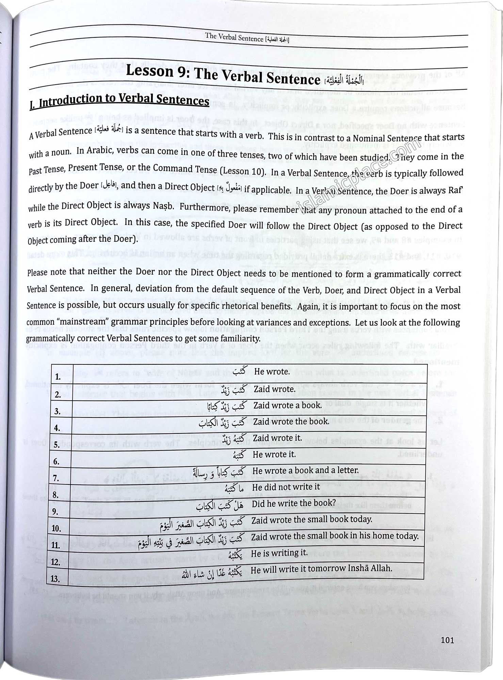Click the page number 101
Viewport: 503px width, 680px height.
click(x=447, y=640)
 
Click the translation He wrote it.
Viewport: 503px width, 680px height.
click(x=274, y=454)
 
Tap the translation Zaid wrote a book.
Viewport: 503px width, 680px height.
click(x=287, y=405)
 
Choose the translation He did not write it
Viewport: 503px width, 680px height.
click(x=286, y=487)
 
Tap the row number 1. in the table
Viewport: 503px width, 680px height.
click(x=58, y=377)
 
